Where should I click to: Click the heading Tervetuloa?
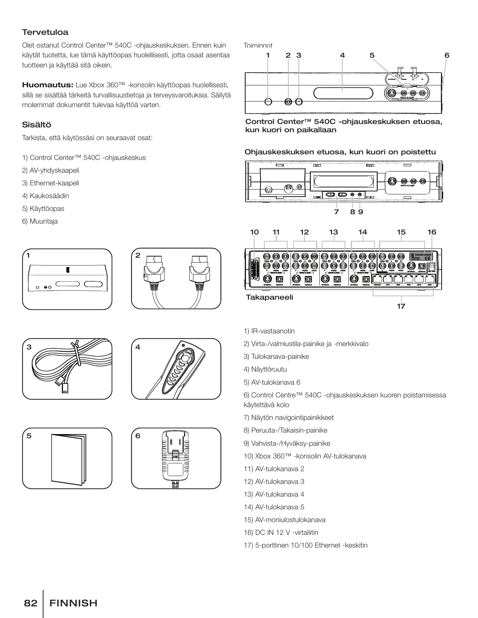pos(45,33)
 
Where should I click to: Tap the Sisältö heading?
pos(36,125)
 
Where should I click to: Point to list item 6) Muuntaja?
pos(40,221)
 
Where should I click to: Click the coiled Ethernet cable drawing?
pos(67,365)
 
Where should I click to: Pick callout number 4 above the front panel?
pos(342,55)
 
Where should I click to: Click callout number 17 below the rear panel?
pos(401,306)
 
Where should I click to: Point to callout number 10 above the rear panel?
pos(254,232)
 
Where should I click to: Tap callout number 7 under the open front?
pos(336,212)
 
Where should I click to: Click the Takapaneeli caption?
pos(269,297)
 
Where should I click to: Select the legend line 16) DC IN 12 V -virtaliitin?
pos(281,533)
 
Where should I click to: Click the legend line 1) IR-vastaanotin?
pos(269,331)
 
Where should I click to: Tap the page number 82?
pos(30,603)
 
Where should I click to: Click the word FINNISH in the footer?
pos(73,603)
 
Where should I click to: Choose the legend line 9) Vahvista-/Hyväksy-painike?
pos(287,443)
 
